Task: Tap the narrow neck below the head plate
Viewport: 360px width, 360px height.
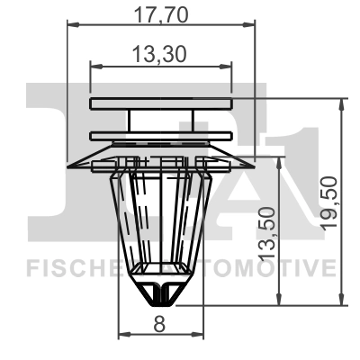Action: tap(160, 121)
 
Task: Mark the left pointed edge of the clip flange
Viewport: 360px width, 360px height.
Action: tap(71, 165)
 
